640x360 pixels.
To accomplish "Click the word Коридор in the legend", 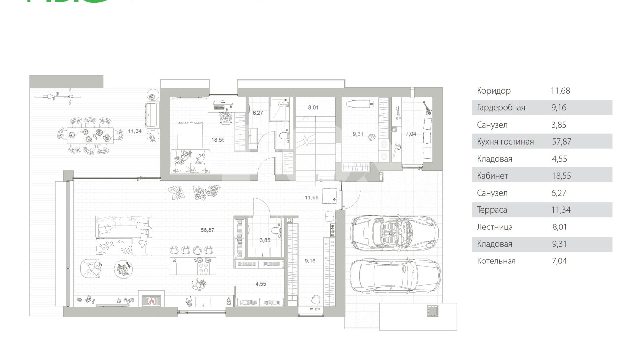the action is [493, 91].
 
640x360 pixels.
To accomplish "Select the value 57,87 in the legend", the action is [561, 142].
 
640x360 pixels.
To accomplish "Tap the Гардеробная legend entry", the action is [501, 108].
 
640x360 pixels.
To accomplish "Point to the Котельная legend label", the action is [496, 261].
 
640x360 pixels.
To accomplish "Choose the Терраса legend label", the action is [492, 210].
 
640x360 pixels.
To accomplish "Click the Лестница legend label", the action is [495, 227].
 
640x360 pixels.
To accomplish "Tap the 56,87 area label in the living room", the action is [207, 230].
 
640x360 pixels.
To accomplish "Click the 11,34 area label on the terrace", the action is [135, 131].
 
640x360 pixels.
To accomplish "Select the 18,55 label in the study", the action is [218, 140].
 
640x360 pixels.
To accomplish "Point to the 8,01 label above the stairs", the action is [313, 108].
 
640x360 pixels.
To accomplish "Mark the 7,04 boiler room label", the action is [411, 134].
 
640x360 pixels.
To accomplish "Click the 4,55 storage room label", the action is [261, 284].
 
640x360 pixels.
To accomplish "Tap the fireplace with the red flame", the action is [152, 301].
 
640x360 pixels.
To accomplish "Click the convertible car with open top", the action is [394, 233].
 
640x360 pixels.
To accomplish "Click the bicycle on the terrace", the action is [58, 97].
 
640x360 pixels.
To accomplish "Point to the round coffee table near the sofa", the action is [124, 268].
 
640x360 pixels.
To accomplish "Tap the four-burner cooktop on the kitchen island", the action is [203, 268].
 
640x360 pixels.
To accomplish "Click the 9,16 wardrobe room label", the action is [310, 261].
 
